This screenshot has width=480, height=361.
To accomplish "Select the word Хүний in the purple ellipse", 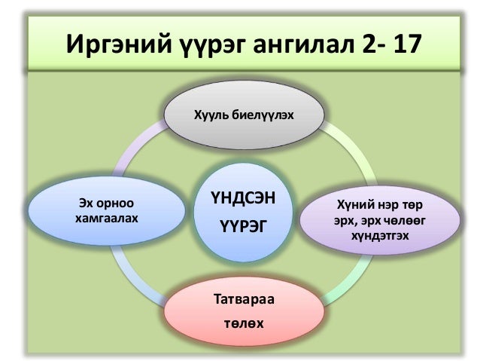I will [x=352, y=204].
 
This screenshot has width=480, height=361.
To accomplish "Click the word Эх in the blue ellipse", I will [x=87, y=203].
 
